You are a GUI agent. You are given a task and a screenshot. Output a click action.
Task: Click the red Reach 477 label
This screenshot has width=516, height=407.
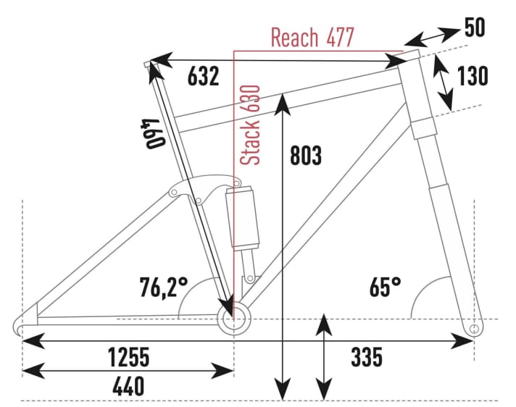coord(312,37)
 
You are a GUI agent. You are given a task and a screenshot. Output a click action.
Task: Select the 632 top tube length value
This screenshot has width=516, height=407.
coord(203,76)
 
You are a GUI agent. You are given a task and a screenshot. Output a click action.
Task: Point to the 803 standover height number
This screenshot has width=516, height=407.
coord(305,155)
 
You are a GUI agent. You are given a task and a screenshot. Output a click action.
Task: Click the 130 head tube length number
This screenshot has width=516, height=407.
coord(473,76)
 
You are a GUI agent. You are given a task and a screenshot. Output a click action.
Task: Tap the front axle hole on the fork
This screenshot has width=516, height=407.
coord(474,329)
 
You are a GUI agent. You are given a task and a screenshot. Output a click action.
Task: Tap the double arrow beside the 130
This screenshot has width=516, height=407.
coord(444,81)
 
